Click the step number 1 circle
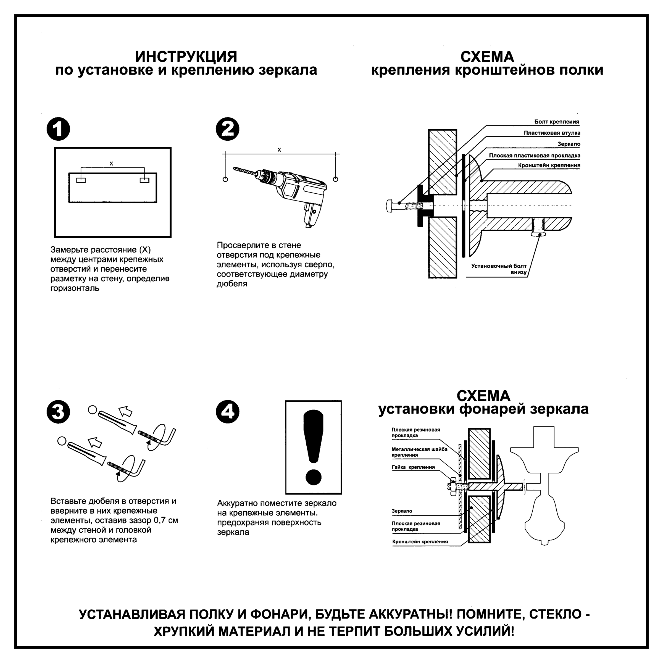[58, 129]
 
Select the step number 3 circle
[58, 412]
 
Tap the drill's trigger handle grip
[312, 214]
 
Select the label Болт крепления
[556, 122]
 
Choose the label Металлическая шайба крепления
[419, 452]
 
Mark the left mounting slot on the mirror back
[81, 180]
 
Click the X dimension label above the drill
[279, 150]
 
